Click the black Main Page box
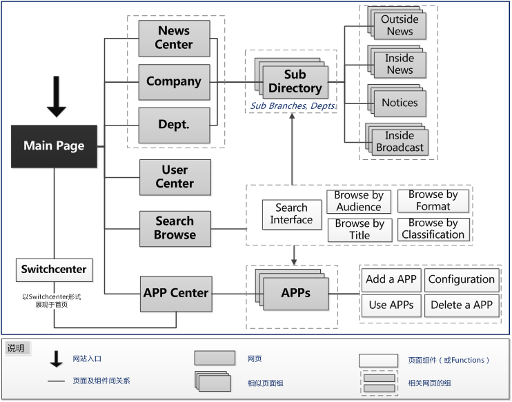pos(54,145)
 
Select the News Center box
pos(174,38)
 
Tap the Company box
pos(174,81)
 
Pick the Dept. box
pos(174,125)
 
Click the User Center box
pos(175,177)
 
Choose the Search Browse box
pos(175,228)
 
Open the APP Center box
pos(175,293)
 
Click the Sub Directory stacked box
pos(295,82)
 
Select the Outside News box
pos(400,26)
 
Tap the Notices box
pos(400,103)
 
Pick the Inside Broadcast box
pos(400,141)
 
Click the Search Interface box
pos(291,214)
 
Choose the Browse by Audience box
pos(358,201)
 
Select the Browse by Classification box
pos(433,229)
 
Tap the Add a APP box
pos(391,279)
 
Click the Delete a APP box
pos(462,305)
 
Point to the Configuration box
pos(462,279)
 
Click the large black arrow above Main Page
pos(57,99)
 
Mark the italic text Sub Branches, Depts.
pos(292,106)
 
